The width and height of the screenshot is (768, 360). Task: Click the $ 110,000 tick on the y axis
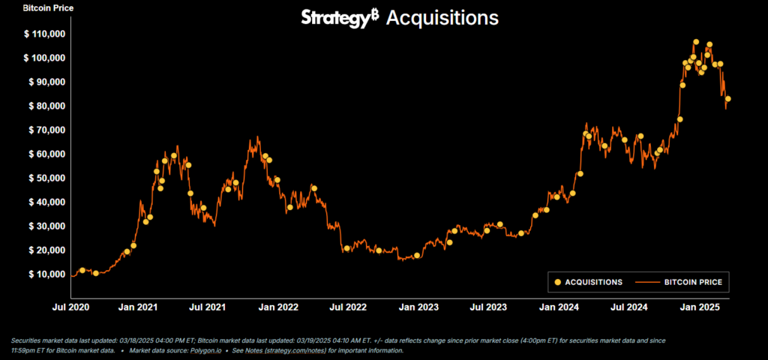(45, 34)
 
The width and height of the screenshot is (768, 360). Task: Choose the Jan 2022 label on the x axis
(277, 307)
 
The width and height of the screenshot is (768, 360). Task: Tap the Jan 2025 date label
(698, 307)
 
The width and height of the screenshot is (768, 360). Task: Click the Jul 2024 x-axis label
(628, 307)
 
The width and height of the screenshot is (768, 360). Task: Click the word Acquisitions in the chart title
(442, 18)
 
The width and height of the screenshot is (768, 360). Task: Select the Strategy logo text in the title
(335, 18)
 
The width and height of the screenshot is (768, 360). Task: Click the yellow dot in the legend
(556, 282)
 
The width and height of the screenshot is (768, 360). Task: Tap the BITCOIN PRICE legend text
(693, 282)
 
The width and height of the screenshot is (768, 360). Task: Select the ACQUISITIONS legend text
(593, 282)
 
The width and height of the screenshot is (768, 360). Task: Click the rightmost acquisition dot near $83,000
(727, 98)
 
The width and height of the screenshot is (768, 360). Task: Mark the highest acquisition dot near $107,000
(696, 42)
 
